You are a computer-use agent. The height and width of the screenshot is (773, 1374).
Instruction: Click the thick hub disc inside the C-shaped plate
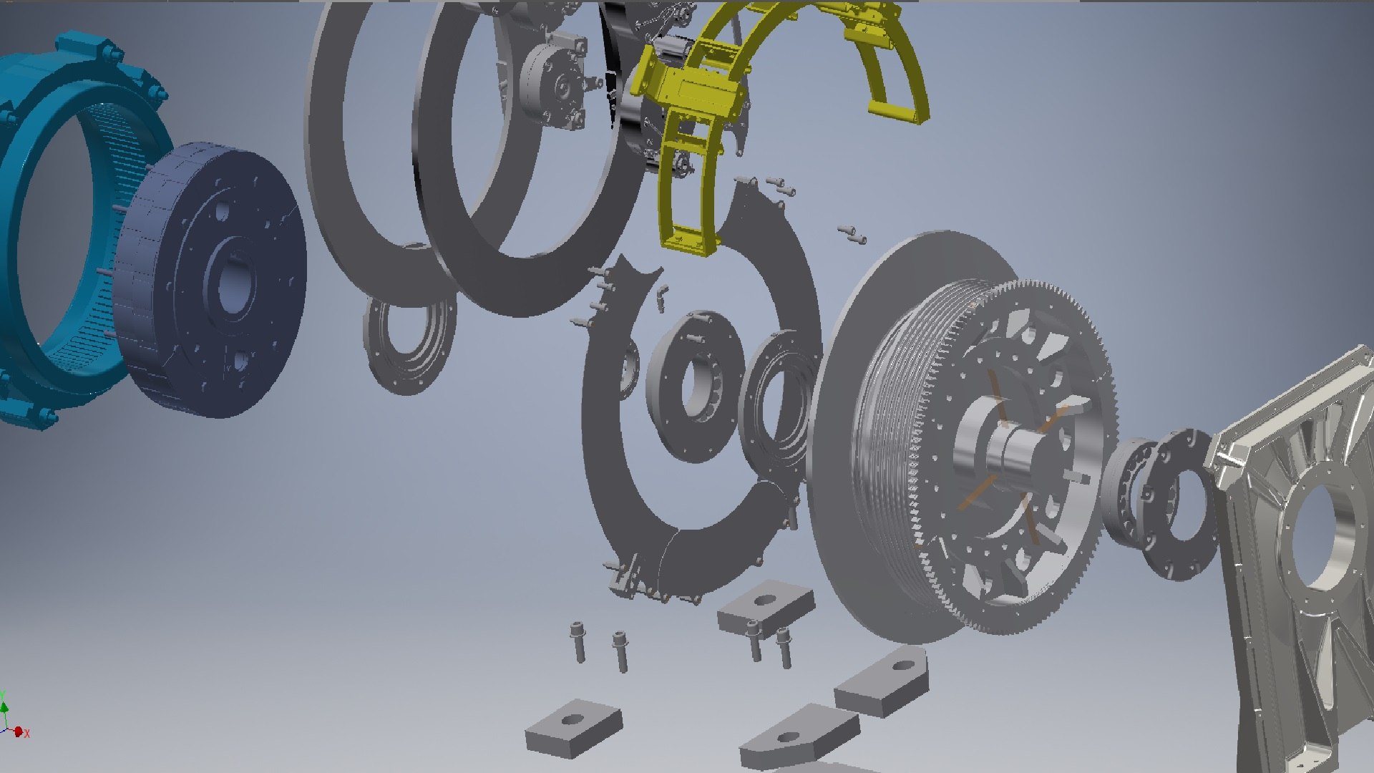pyautogui.click(x=691, y=379)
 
